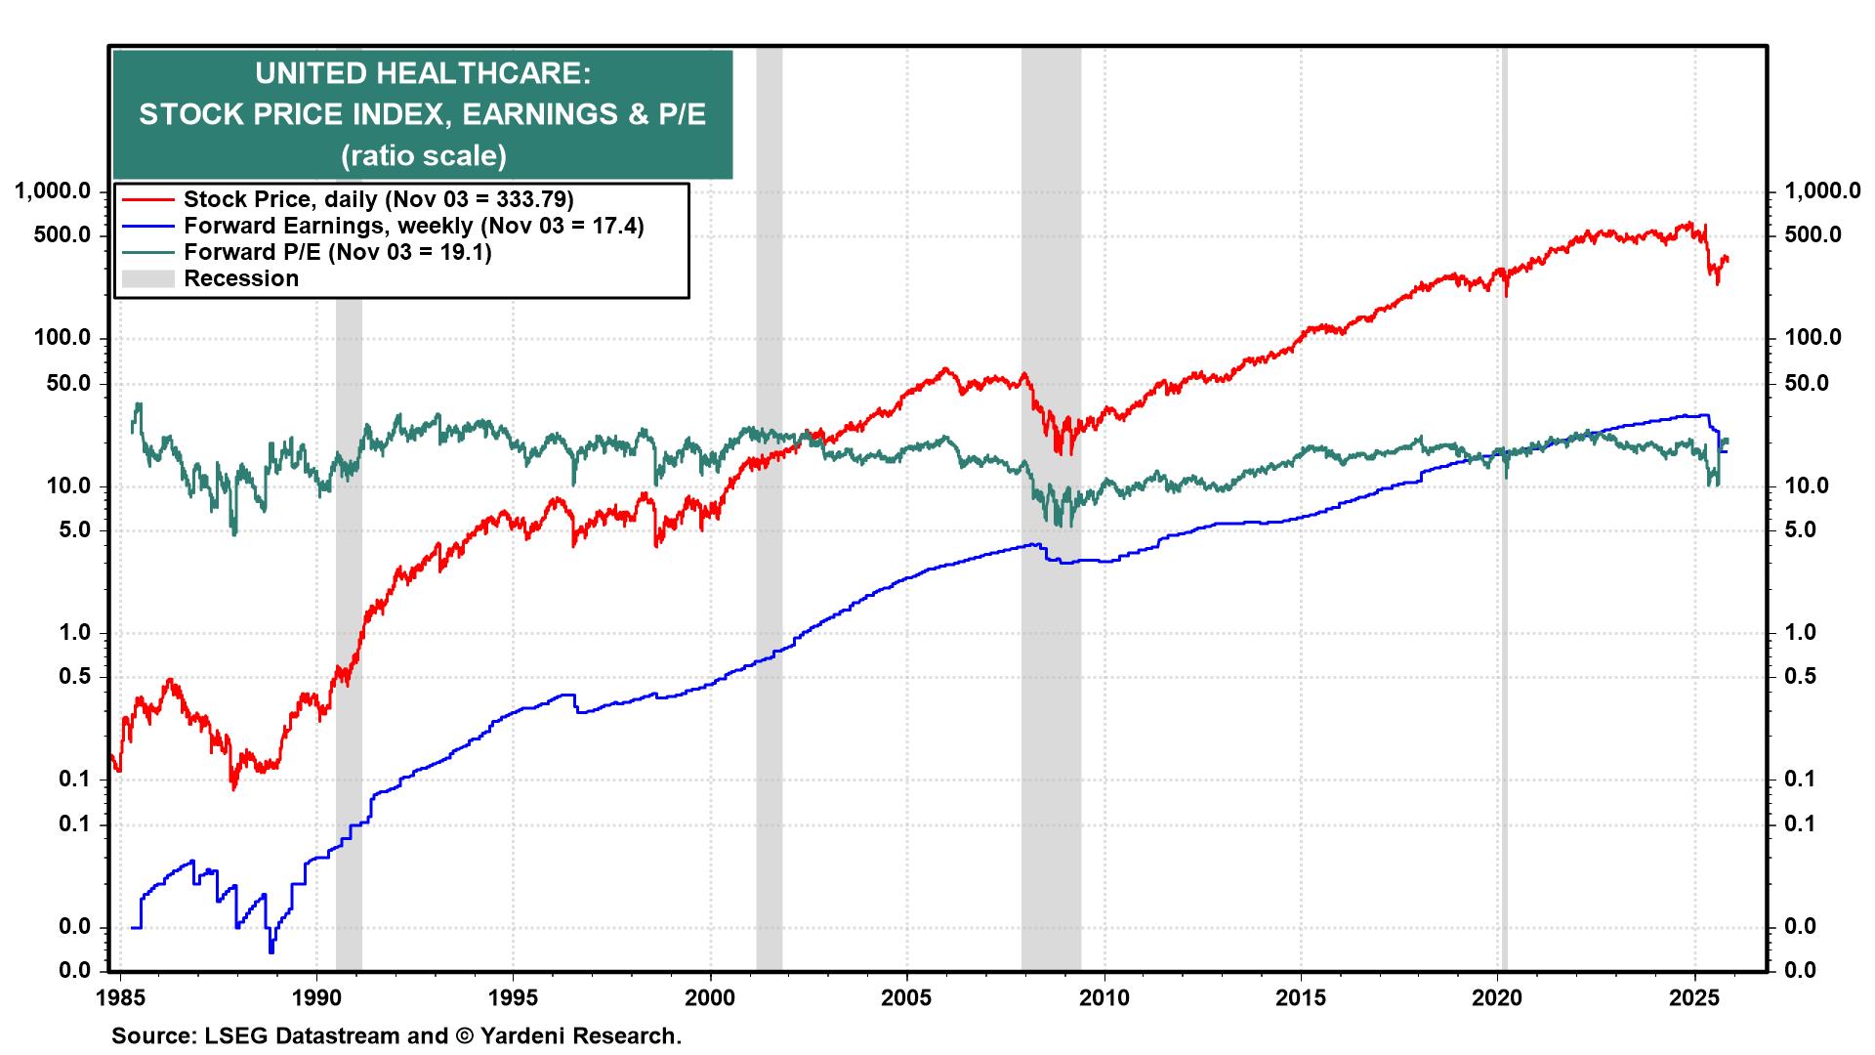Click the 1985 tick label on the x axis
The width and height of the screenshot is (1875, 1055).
point(120,998)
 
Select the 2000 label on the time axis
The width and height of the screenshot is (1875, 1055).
point(710,998)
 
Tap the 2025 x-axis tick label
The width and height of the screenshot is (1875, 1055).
point(1694,998)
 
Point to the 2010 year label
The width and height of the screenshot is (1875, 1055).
point(1104,998)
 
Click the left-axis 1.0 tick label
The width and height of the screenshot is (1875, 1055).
point(72,633)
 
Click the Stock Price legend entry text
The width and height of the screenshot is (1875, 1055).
point(378,199)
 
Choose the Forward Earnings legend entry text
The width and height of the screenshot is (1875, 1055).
point(413,226)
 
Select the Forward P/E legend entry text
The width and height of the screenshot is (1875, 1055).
point(337,252)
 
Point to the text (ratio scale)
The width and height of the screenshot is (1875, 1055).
point(422,155)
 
